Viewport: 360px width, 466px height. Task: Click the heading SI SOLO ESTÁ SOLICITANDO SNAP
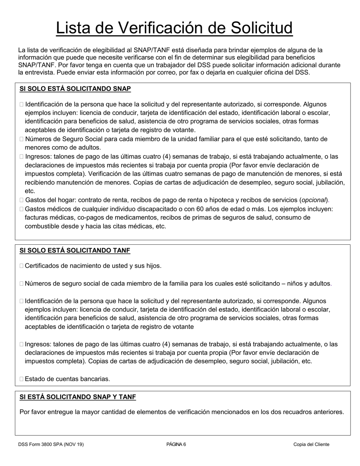[75, 89]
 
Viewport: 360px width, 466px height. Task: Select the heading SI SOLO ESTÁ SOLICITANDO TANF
[75, 250]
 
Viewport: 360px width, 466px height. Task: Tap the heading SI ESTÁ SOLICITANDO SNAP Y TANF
[78, 397]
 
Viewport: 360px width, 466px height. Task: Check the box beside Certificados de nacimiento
[22, 266]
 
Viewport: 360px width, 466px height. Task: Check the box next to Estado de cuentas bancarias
[22, 379]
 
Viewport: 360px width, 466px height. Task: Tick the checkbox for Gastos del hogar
[22, 200]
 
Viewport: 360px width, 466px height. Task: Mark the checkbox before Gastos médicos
[22, 209]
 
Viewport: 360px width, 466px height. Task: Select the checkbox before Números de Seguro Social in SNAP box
[22, 139]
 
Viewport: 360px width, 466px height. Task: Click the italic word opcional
[314, 200]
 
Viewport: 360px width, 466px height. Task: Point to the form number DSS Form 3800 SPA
[51, 444]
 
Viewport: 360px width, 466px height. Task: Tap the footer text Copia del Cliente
[311, 444]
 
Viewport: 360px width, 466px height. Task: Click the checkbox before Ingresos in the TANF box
[22, 344]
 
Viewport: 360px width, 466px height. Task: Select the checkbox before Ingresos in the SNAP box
[22, 156]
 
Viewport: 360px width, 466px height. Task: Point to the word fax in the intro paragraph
[202, 72]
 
